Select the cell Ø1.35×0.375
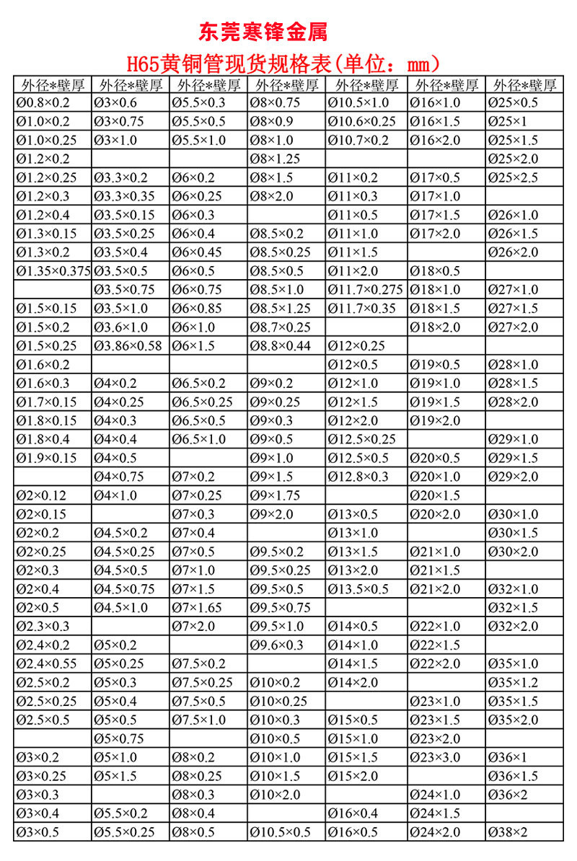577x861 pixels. (x=53, y=271)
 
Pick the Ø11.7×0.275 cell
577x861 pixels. (x=365, y=290)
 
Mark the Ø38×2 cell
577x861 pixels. (x=508, y=833)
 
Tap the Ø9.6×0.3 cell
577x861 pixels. (x=277, y=645)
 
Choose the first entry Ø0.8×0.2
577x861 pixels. (x=43, y=103)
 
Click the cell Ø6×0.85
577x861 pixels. (x=198, y=309)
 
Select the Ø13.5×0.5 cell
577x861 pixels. (x=358, y=589)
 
